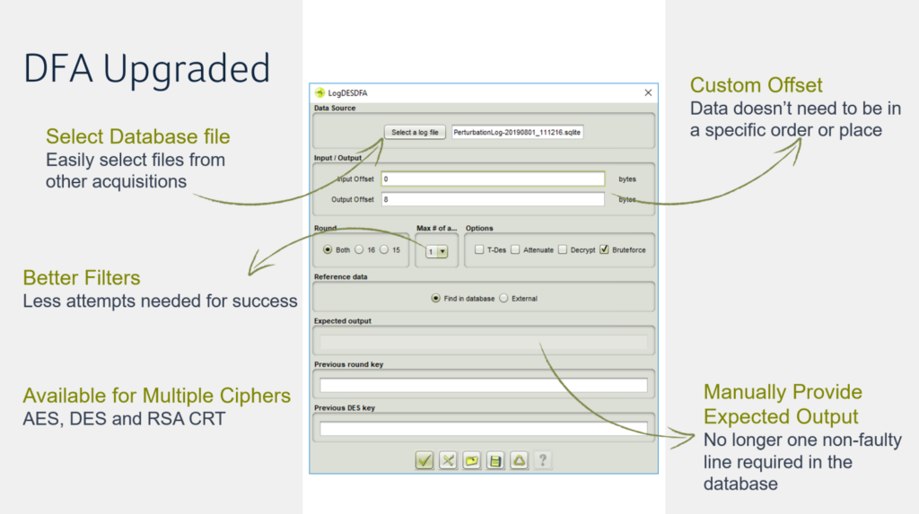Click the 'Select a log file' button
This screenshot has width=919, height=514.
pos(416,133)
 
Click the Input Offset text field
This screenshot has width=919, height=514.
pos(493,179)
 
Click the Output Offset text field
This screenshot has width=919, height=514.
pos(493,199)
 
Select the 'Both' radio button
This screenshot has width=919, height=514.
pos(328,250)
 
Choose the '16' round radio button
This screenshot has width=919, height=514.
pos(359,250)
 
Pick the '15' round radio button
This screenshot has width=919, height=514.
pos(384,250)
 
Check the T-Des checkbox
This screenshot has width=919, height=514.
pos(480,250)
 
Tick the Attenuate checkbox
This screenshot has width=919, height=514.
pos(516,250)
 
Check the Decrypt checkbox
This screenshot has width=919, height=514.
pos(564,250)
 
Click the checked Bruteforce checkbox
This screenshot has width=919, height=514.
pos(605,250)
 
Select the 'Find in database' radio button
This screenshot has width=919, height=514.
pos(436,299)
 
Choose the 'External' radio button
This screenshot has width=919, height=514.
pos(503,299)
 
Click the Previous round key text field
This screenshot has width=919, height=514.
pos(483,385)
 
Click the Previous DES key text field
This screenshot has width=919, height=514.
pos(483,429)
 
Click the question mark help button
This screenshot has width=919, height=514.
pos(542,461)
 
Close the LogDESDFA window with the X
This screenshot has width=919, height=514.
pos(648,92)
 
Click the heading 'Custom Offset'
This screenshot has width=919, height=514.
pos(756,86)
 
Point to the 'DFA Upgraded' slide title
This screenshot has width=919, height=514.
pos(146,69)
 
